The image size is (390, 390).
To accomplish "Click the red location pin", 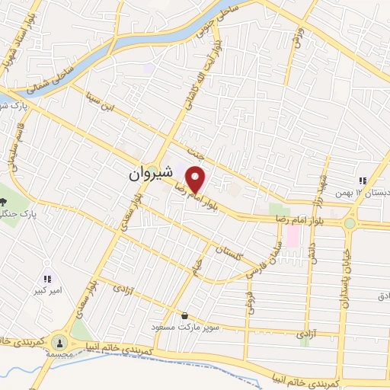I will (197, 180).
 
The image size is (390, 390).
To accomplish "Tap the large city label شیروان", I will (151, 174).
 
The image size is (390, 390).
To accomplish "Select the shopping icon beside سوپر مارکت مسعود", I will (184, 315).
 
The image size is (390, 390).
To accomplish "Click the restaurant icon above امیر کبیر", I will (47, 280).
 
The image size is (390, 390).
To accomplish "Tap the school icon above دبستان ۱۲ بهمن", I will (363, 181).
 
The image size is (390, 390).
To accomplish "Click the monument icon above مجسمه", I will (60, 341).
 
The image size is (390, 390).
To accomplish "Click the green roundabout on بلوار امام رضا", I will (350, 223).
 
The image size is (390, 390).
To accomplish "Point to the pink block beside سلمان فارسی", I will (292, 237).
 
